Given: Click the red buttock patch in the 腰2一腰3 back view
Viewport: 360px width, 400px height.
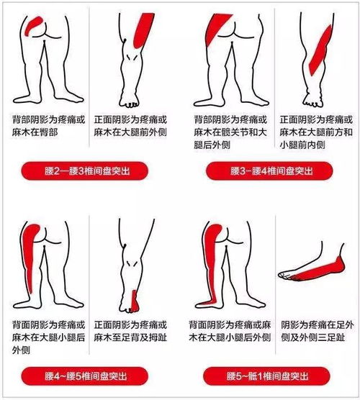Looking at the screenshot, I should (x=33, y=22).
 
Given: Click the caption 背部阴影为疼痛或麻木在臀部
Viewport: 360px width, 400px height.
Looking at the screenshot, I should (x=45, y=124).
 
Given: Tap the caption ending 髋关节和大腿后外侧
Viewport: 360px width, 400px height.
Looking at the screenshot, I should (x=228, y=131).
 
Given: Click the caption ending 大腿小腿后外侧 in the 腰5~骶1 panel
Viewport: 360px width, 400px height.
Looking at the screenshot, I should (x=228, y=330).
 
